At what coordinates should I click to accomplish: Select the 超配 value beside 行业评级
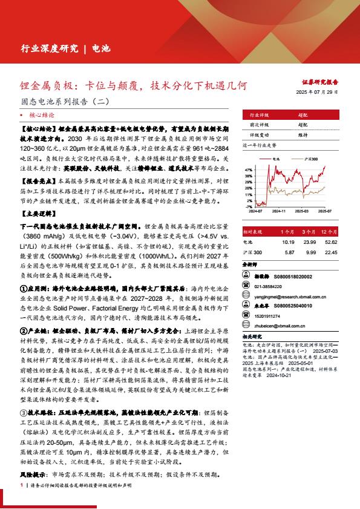tap(303, 114)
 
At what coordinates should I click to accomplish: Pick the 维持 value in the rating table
tap(303, 135)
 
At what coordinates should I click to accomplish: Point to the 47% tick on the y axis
tap(249, 164)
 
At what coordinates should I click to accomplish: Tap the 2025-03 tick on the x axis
tap(302, 211)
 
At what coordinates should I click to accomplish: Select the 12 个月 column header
tap(329, 232)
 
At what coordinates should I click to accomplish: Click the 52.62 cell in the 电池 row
tap(329, 242)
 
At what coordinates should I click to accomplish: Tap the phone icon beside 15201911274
tap(247, 316)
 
